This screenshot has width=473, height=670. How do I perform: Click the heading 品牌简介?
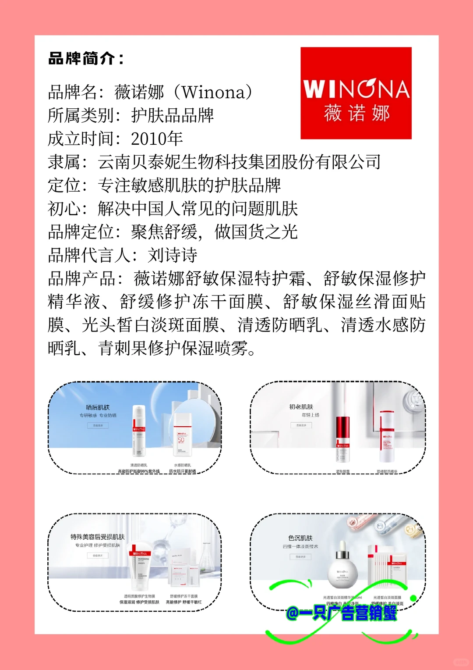[x=86, y=58]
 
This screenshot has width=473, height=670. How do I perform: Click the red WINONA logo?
[x=356, y=93]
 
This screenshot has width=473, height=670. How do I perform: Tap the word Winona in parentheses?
[x=213, y=92]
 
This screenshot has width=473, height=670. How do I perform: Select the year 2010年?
[x=157, y=139]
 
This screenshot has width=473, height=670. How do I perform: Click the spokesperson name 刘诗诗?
[x=173, y=255]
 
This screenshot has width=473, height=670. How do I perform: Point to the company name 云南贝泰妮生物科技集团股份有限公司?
[x=239, y=162]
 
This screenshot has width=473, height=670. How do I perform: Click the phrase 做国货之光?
[x=256, y=232]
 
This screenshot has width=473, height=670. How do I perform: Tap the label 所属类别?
[x=81, y=116]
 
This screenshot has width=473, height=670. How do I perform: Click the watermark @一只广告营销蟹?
[x=342, y=613]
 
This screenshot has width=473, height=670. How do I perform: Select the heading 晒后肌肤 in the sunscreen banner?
[x=98, y=407]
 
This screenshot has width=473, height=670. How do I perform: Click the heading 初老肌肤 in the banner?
[x=301, y=407]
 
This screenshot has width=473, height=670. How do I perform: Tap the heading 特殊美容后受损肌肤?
[x=98, y=537]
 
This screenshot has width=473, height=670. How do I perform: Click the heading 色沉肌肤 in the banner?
[x=300, y=538]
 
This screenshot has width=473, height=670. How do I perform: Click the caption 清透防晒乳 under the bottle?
[x=139, y=465]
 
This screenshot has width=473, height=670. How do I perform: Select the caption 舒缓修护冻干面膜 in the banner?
[x=184, y=596]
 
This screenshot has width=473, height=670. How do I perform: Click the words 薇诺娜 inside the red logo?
[x=357, y=113]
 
